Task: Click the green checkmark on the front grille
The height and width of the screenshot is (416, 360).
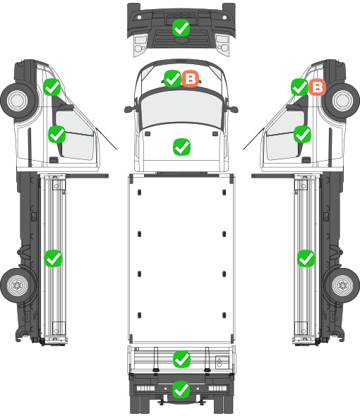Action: pos(181,27)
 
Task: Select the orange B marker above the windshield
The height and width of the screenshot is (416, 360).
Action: pos(190,78)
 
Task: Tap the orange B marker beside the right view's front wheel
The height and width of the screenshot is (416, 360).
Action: pos(317,87)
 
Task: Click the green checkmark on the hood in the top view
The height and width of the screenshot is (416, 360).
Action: pos(181,147)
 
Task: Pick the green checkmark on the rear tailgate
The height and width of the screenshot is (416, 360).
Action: pos(181,360)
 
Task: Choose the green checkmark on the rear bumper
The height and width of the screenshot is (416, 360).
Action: pos(181,389)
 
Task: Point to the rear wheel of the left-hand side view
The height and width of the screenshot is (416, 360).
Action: pos(18,286)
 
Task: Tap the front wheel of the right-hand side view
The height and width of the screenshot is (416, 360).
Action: pos(342,100)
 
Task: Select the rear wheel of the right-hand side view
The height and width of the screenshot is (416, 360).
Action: pos(342,286)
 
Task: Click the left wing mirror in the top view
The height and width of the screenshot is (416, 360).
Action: pos(129,109)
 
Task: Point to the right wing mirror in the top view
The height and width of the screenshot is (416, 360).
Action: pos(233,109)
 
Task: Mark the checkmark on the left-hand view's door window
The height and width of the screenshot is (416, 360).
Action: pos(57,134)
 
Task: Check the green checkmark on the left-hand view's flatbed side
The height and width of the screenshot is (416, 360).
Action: pos(53,258)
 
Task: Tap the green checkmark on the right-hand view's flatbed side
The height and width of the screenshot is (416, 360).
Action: pos(306,258)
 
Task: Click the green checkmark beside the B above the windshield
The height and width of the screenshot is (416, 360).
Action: pos(172,78)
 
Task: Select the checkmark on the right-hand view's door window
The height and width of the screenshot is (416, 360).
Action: pos(302,134)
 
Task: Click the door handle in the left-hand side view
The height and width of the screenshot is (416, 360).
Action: pos(54,160)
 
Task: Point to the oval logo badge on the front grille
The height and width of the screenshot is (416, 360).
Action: pos(181,39)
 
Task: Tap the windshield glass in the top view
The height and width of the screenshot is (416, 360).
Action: pos(181,108)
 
